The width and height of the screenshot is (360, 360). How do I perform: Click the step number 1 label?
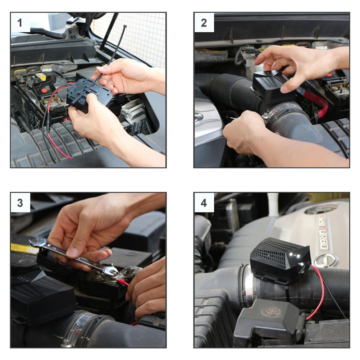20,23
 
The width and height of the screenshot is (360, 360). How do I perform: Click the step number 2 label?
204,23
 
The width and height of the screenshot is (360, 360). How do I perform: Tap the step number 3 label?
20,203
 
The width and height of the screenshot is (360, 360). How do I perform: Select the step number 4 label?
204,203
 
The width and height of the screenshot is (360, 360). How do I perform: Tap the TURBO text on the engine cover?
323,234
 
